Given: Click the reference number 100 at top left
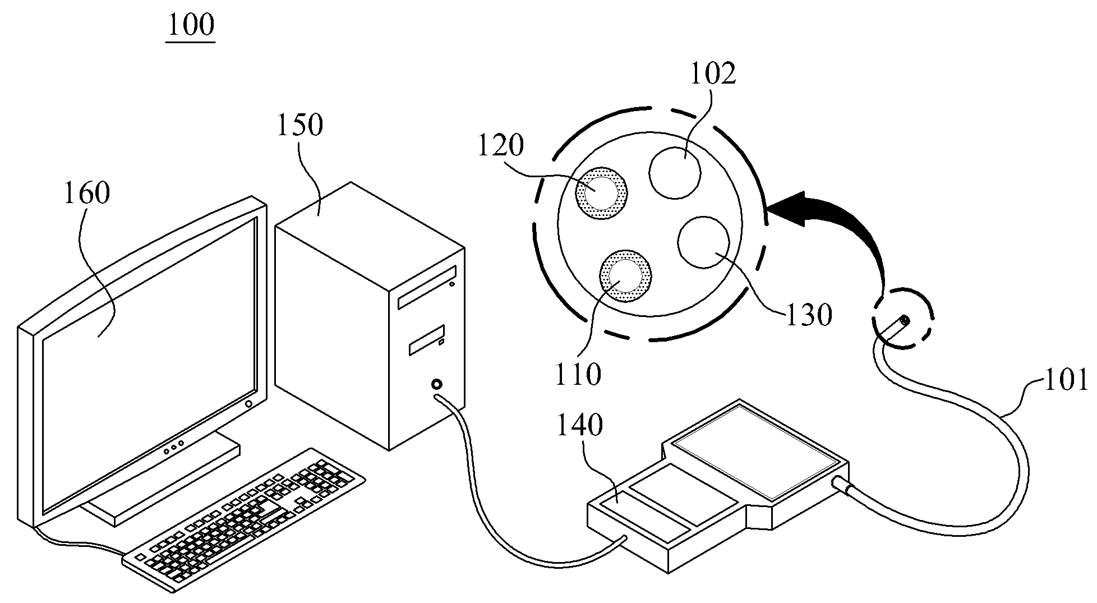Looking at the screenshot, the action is [x=191, y=25].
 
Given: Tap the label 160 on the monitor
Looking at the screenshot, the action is [x=86, y=194].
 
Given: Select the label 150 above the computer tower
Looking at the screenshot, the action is [x=299, y=125].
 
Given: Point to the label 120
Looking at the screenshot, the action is [x=500, y=145].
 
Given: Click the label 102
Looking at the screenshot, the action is [x=712, y=73].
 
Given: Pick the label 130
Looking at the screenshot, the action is [x=808, y=315].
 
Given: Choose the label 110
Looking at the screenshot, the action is [x=578, y=374].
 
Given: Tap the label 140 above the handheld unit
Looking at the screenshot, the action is [x=579, y=426].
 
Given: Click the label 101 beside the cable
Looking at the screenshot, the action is [x=1065, y=379].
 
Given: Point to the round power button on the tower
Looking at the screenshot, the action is [x=436, y=385].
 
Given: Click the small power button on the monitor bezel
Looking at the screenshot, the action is [x=248, y=404].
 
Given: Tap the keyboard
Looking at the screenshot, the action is [x=244, y=519].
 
